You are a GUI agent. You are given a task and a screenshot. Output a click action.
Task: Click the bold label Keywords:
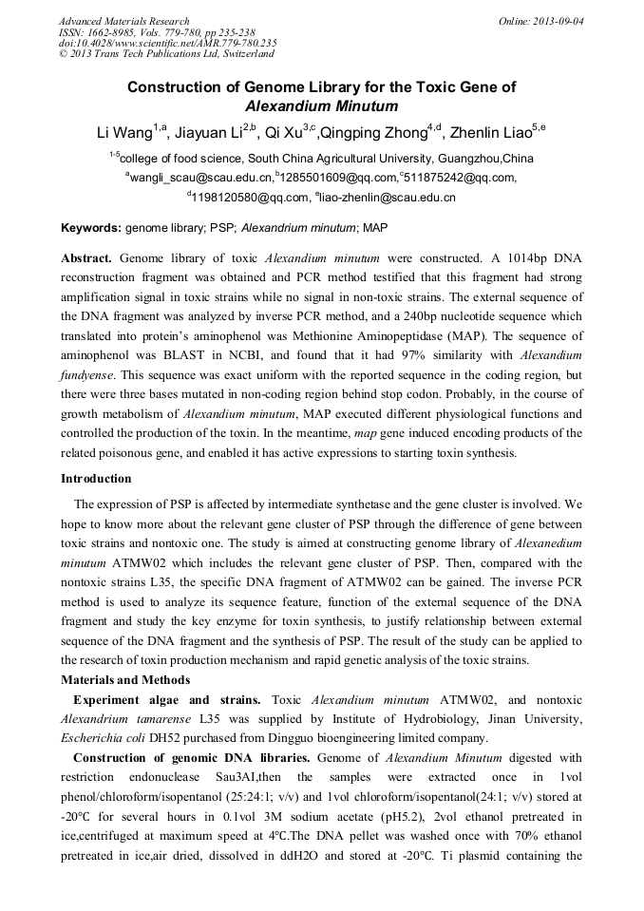click(91, 228)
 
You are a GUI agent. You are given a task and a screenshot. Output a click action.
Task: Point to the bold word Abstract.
click(88, 258)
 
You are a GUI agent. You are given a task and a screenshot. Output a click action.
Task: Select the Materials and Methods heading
click(125, 679)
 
